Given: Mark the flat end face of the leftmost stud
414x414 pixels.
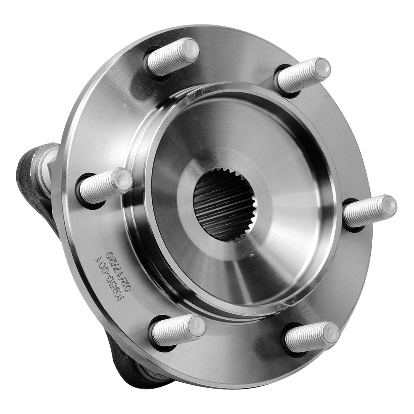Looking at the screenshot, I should click(x=122, y=180).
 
